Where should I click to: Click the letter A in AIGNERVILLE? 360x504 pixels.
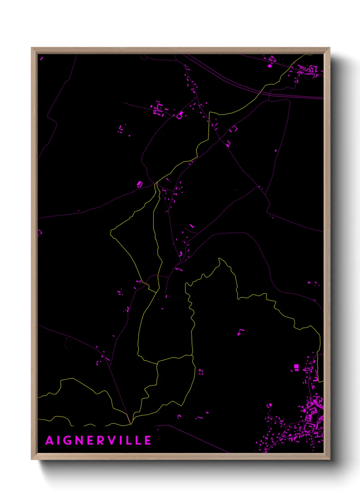tap(50, 440)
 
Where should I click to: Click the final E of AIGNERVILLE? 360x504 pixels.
tap(148, 440)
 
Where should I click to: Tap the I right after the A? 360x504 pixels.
tap(60, 440)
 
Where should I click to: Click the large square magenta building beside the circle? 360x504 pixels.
tap(296, 366)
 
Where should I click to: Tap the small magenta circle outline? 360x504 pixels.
tap(292, 371)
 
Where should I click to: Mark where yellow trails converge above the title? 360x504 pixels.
tap(131, 424)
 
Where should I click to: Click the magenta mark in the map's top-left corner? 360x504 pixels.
tap(42, 59)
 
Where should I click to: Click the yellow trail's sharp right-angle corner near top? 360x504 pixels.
tap(209, 112)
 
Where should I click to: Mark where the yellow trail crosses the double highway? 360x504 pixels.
tap(261, 91)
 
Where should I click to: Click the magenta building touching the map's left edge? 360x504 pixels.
tap(39, 233)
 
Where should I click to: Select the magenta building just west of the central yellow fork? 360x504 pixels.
tap(140, 184)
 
